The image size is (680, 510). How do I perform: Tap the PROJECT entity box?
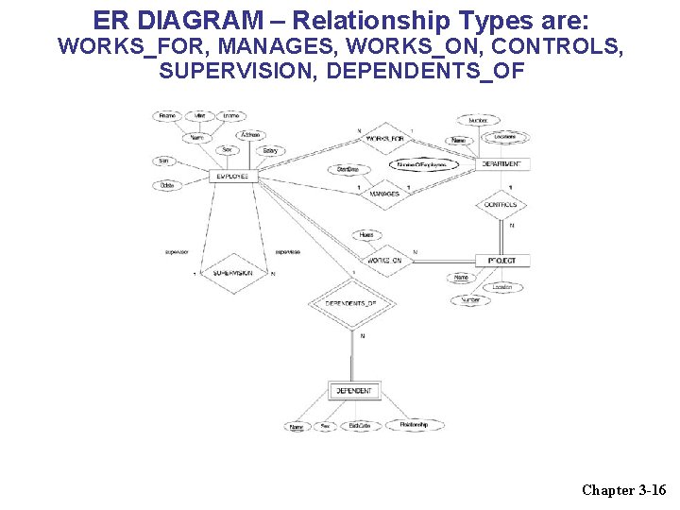pyautogui.click(x=501, y=260)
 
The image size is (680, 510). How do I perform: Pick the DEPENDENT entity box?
pyautogui.click(x=353, y=390)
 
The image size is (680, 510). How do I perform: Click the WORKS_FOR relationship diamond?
pyautogui.click(x=384, y=140)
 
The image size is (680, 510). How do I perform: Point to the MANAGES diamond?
pyautogui.click(x=383, y=194)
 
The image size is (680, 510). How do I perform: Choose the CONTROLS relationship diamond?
pyautogui.click(x=500, y=204)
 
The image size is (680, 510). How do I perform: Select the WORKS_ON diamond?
pyautogui.click(x=384, y=260)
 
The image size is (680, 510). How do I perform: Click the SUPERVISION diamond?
pyautogui.click(x=232, y=272)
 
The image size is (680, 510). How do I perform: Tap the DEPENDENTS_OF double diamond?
pyautogui.click(x=350, y=303)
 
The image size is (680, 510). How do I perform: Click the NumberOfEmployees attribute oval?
pyautogui.click(x=421, y=164)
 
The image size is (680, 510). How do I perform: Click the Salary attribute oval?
pyautogui.click(x=271, y=151)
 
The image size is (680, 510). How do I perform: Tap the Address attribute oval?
pyautogui.click(x=250, y=135)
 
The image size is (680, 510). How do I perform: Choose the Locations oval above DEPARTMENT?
pyautogui.click(x=504, y=137)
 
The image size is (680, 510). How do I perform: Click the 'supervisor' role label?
pyautogui.click(x=177, y=252)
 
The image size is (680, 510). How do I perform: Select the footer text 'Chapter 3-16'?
pyautogui.click(x=623, y=489)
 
